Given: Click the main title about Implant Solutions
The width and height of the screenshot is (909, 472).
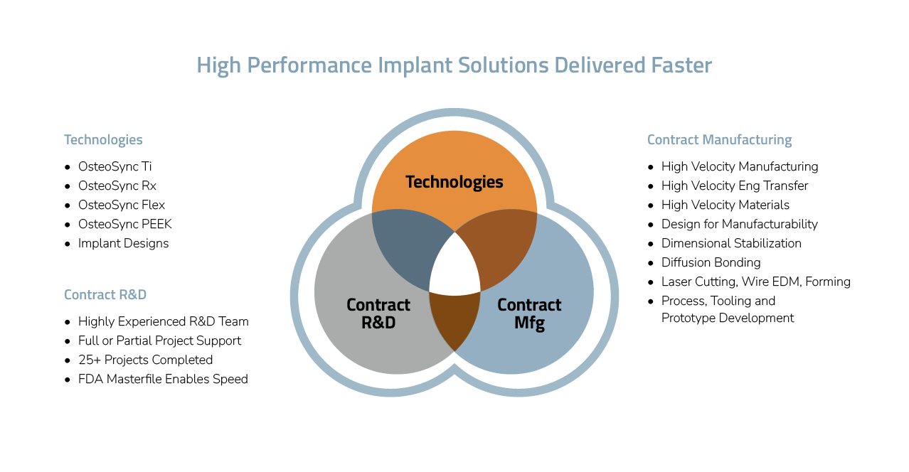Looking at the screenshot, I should click(x=454, y=65).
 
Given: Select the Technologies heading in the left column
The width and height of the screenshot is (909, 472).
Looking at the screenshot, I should click(x=103, y=140).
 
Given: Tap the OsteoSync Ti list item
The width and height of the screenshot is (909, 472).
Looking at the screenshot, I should click(x=115, y=166).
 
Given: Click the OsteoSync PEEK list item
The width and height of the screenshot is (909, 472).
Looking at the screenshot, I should click(x=124, y=224).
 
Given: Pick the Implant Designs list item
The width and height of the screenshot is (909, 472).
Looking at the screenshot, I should click(x=123, y=243).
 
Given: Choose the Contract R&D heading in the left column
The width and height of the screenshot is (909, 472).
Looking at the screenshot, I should click(x=105, y=295).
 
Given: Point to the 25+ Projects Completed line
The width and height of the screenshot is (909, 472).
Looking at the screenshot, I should click(x=145, y=360).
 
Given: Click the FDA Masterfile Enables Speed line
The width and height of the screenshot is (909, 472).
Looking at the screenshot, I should click(x=163, y=379).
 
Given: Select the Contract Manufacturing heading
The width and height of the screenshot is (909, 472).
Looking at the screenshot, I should click(x=719, y=140).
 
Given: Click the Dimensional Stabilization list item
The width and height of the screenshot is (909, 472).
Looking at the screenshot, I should click(x=731, y=243).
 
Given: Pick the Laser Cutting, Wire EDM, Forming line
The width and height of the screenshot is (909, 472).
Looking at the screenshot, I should click(x=755, y=281).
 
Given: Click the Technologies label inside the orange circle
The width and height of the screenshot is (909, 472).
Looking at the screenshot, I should click(x=454, y=182).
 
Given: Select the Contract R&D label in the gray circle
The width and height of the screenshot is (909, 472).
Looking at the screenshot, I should click(x=378, y=313).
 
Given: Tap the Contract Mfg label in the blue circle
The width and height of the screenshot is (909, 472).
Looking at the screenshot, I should click(x=529, y=313).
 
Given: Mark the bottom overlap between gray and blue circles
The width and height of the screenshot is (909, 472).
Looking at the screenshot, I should click(x=455, y=320).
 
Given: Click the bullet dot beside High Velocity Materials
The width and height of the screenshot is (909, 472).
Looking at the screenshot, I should click(x=651, y=205).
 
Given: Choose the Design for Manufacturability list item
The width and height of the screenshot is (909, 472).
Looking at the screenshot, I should click(x=739, y=224).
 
